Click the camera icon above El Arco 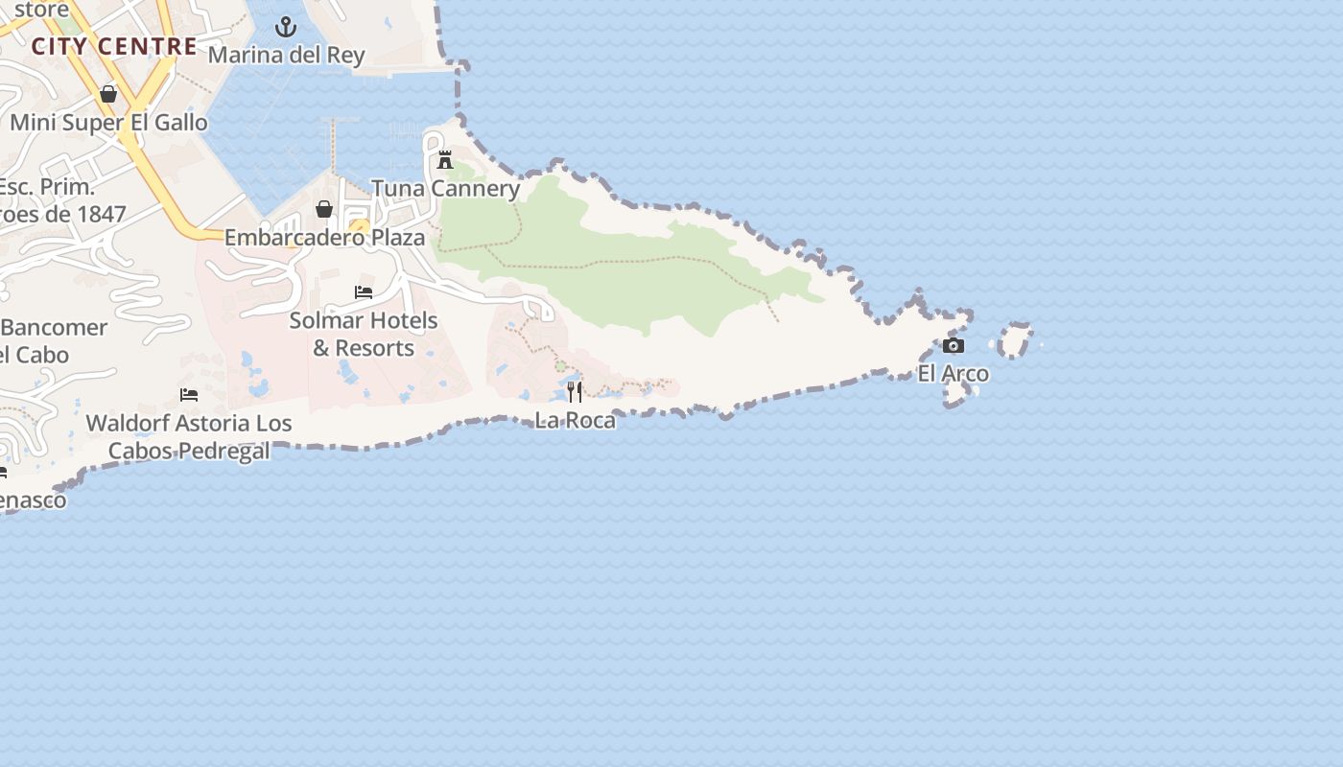[x=953, y=346]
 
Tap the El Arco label [x=953, y=374]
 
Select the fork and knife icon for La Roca [x=575, y=392]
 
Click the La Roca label [x=575, y=420]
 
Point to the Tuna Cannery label [x=445, y=189]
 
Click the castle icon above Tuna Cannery [x=445, y=160]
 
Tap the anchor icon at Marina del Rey [x=286, y=27]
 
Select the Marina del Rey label [x=286, y=55]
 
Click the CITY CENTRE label [x=114, y=46]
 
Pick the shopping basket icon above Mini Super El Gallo [x=108, y=94]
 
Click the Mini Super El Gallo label [x=108, y=123]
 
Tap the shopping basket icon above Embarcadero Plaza [x=324, y=209]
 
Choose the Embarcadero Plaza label [x=324, y=238]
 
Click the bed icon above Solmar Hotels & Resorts [x=364, y=292]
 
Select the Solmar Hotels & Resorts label [x=364, y=334]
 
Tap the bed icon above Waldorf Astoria [x=189, y=395]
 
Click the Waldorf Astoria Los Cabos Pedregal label [x=189, y=437]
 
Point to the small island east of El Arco [x=1015, y=340]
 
